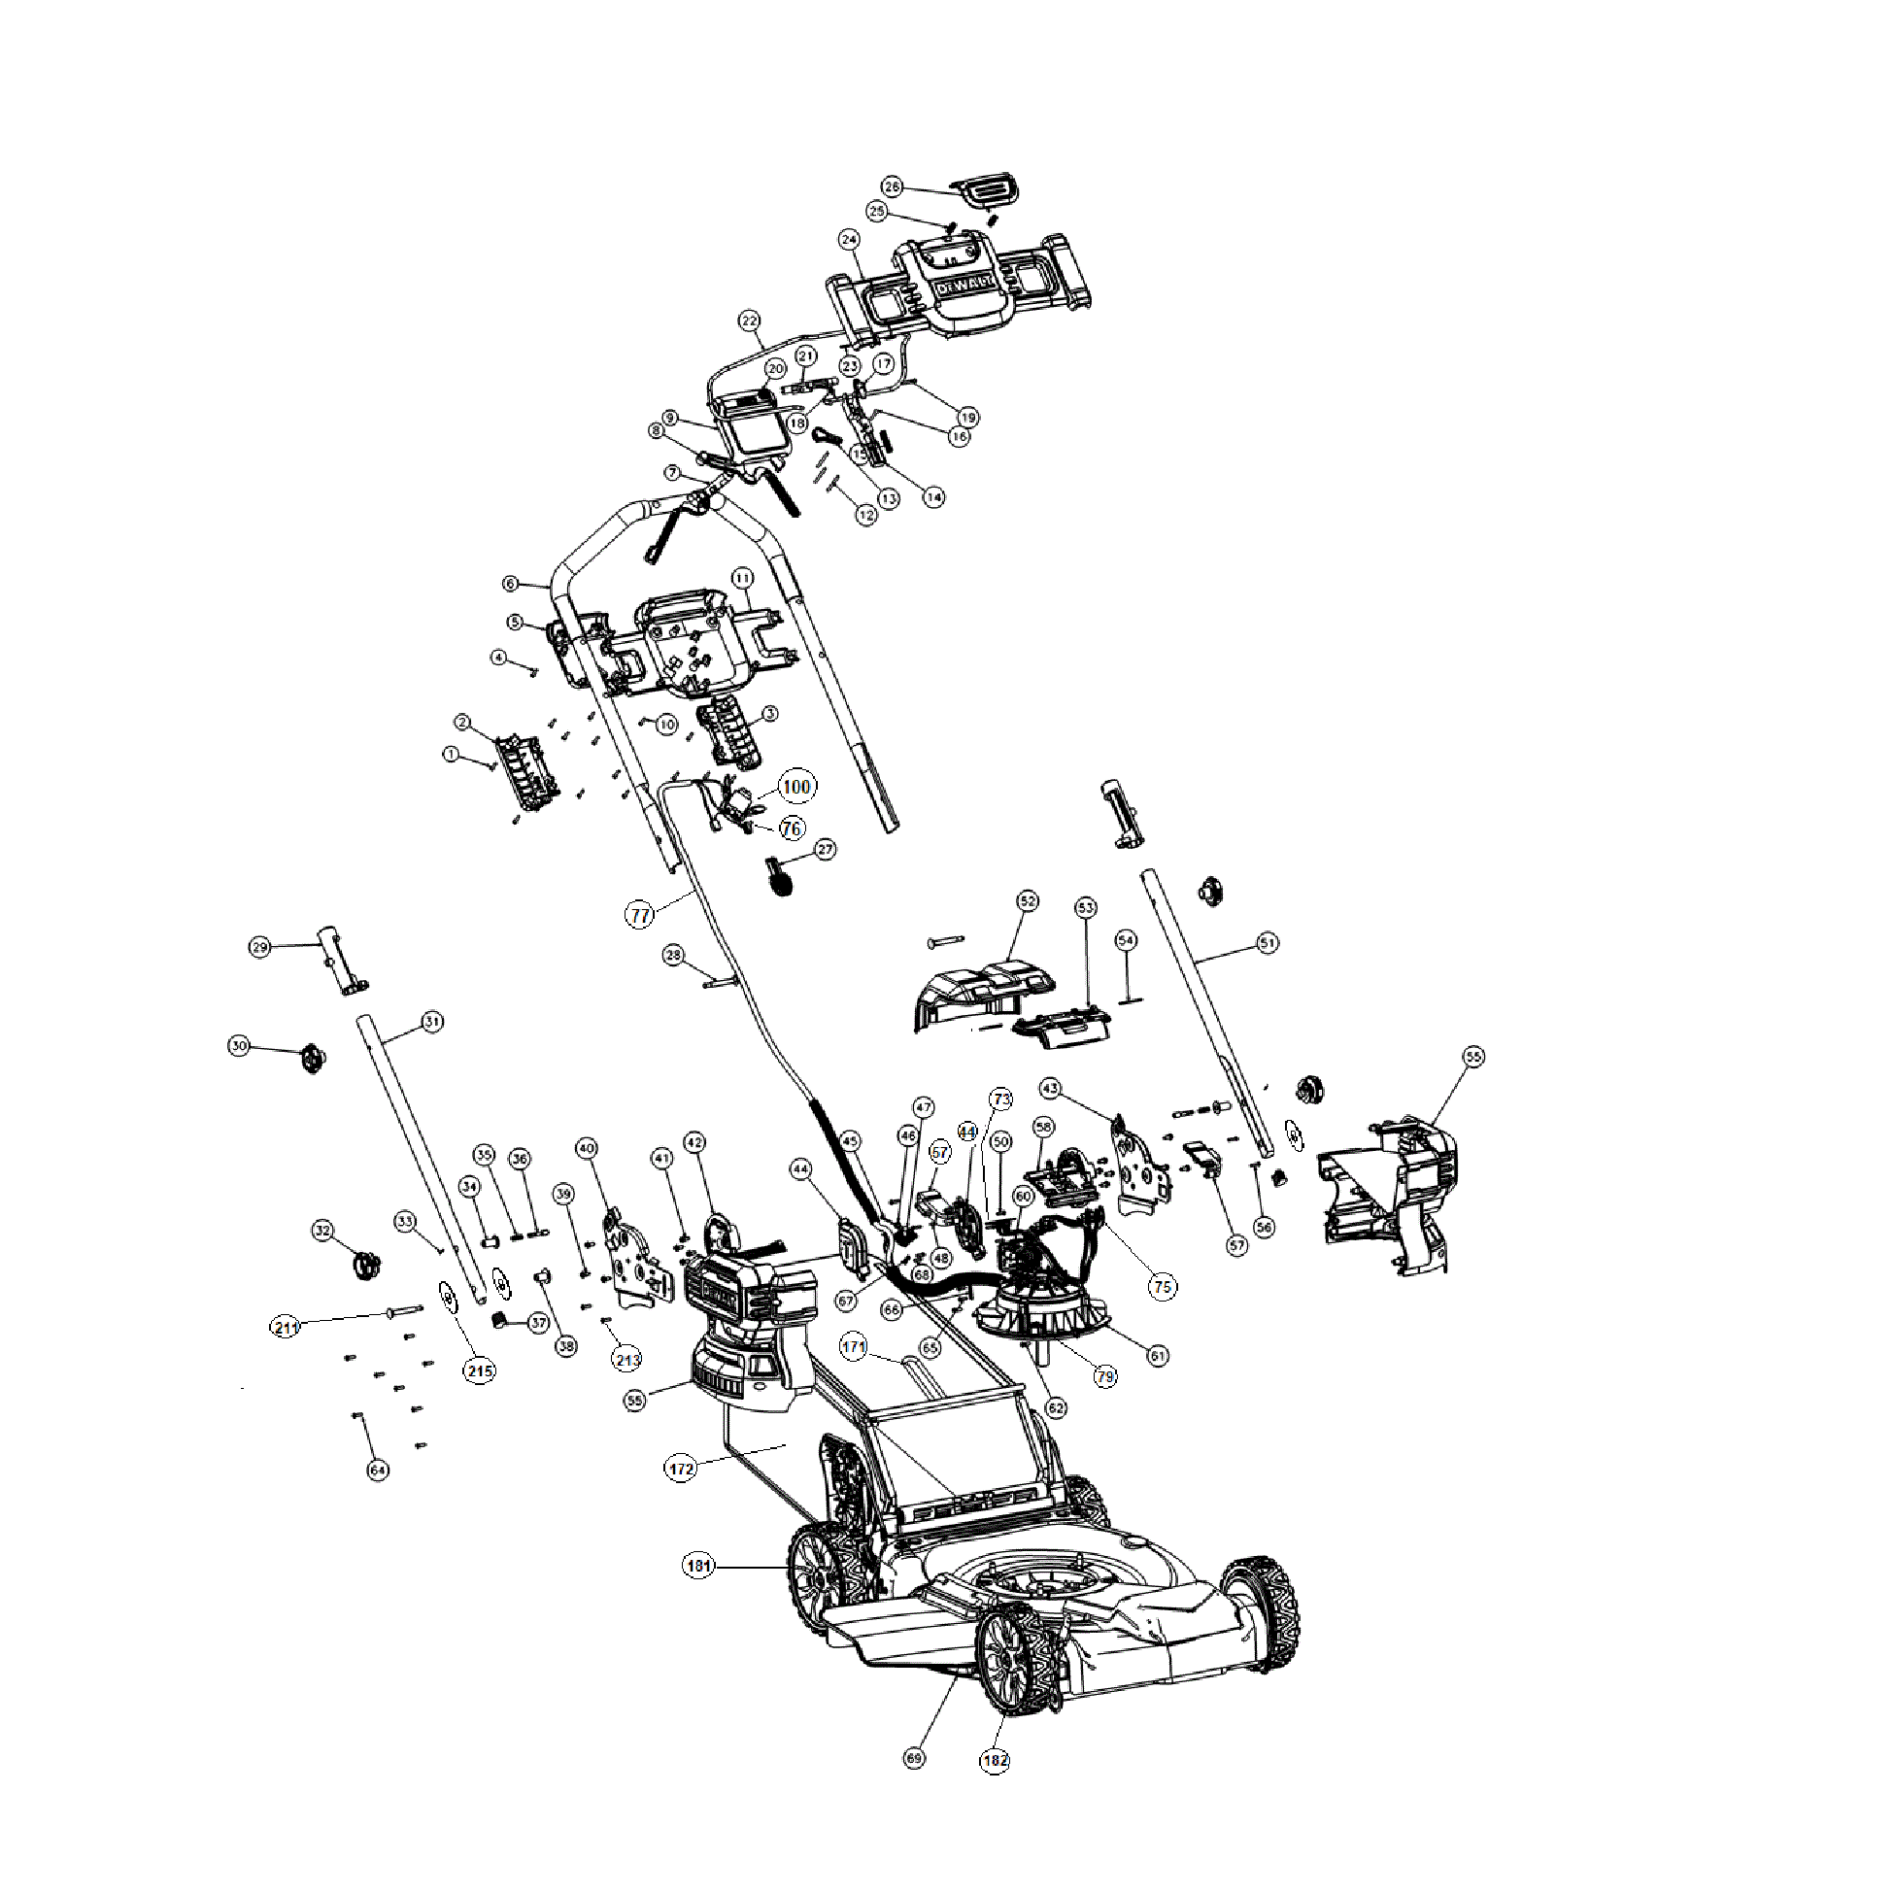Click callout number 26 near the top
(892, 186)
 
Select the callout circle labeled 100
(796, 786)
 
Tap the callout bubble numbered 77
(640, 915)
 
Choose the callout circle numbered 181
(698, 1566)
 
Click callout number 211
(286, 1329)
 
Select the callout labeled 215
(480, 1370)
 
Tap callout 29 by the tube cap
(259, 947)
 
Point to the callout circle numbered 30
(239, 1046)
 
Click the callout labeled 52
(1028, 900)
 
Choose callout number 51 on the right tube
(1268, 943)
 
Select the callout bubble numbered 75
(1163, 1287)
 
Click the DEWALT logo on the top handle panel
(964, 287)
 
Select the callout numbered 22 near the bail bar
(749, 321)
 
